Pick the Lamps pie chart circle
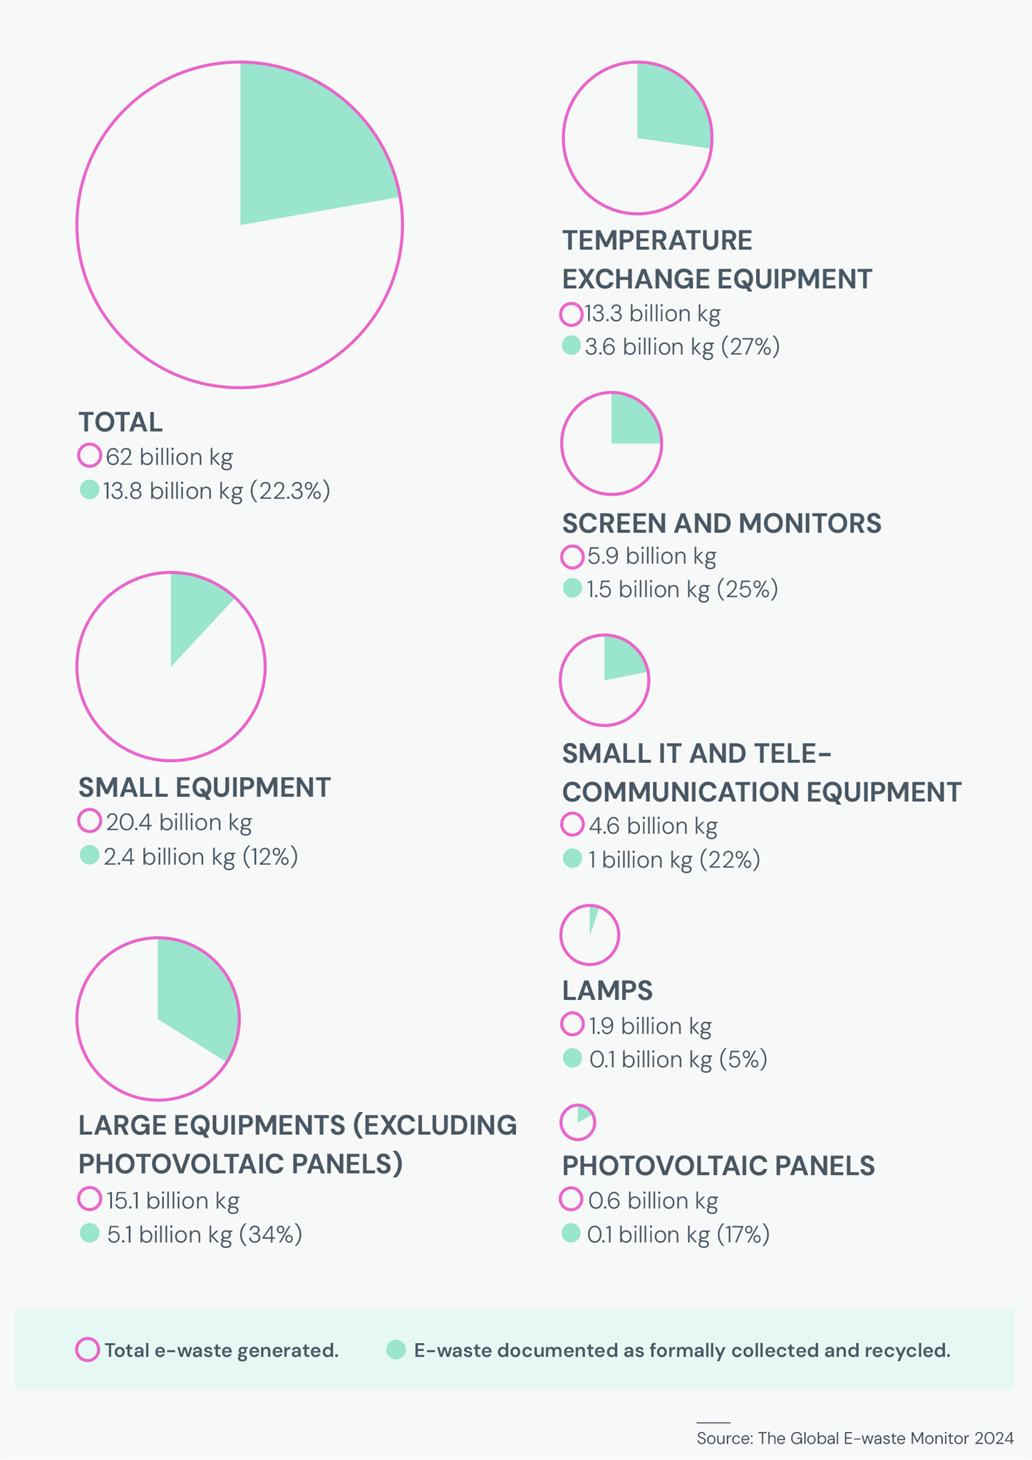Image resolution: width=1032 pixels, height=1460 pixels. (x=589, y=935)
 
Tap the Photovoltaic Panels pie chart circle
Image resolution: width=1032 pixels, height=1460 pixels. (x=577, y=1123)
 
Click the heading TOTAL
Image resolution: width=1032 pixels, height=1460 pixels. (x=120, y=422)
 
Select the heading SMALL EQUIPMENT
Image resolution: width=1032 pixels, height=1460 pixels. (x=204, y=787)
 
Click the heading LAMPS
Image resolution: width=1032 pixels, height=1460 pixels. (x=607, y=990)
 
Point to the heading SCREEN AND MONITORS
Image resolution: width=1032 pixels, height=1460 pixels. (x=721, y=523)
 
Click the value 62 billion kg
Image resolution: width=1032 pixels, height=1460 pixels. (x=169, y=457)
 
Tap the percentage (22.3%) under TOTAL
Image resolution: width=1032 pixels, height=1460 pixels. (x=289, y=491)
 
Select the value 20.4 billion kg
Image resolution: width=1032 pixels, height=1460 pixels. (x=179, y=822)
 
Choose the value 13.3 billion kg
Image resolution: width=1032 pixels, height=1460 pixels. (x=652, y=314)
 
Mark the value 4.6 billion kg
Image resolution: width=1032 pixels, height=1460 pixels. (x=652, y=826)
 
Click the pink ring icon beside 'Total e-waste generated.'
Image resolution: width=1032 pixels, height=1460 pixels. (x=88, y=1350)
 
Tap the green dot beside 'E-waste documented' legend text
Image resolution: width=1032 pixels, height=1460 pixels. (x=396, y=1350)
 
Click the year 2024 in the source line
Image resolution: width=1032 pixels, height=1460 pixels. (x=994, y=1438)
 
